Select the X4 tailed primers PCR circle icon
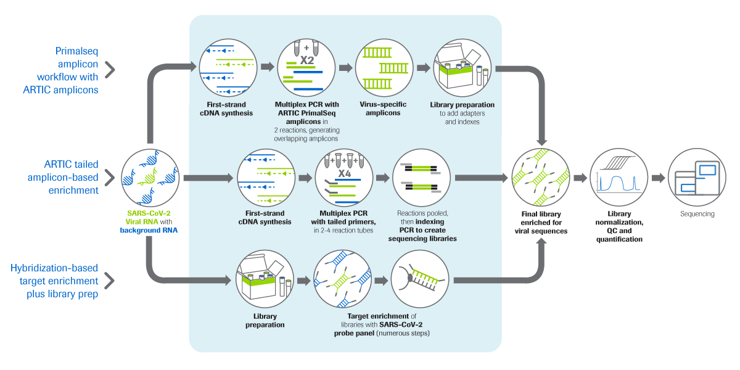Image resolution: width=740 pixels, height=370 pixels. click(x=344, y=179)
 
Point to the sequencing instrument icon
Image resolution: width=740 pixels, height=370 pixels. click(x=697, y=178)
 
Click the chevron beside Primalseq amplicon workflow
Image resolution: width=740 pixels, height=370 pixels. click(x=110, y=69)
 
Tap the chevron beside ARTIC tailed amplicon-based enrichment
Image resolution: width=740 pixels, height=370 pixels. click(x=110, y=178)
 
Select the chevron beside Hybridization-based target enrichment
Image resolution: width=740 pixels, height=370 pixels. click(x=110, y=281)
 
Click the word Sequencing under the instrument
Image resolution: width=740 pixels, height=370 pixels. click(x=697, y=214)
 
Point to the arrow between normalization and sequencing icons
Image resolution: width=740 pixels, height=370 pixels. click(x=657, y=178)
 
